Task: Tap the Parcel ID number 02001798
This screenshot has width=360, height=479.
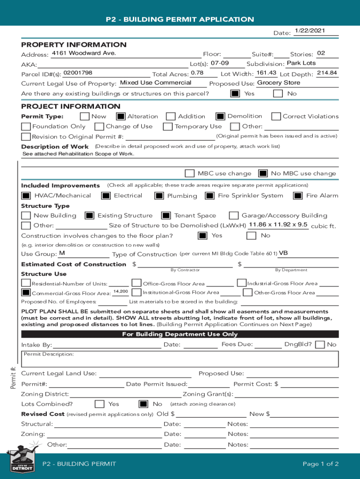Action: (78, 73)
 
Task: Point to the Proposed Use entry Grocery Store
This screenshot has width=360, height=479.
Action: (279, 83)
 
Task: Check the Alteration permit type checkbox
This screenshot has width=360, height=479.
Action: (121, 116)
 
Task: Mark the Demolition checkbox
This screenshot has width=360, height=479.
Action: (220, 116)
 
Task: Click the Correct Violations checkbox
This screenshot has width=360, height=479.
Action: (276, 116)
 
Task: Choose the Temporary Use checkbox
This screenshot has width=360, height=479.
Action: (168, 126)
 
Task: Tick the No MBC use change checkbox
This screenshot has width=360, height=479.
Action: (263, 174)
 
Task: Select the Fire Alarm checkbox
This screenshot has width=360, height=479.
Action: (298, 196)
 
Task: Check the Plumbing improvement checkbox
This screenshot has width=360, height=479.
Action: (159, 196)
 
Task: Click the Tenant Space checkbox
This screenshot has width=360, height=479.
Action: (166, 216)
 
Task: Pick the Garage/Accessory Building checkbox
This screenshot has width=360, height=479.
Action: (233, 216)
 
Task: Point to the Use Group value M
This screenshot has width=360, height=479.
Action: (62, 253)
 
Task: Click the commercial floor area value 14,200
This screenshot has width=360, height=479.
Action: (121, 292)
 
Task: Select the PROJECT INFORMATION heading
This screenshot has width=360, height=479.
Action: (71, 106)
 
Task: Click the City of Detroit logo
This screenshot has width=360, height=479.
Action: (22, 463)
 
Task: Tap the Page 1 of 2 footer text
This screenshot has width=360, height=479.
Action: (320, 464)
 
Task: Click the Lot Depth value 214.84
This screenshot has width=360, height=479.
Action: (327, 73)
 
